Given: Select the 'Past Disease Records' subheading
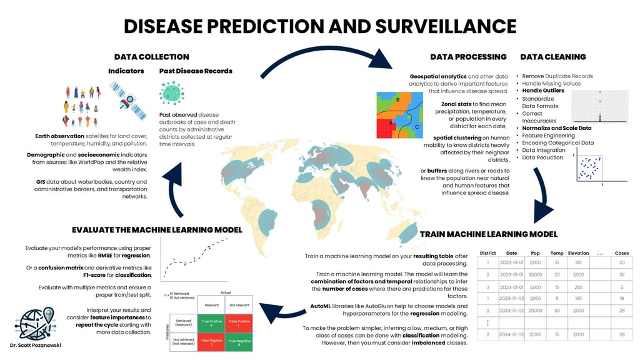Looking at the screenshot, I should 196,71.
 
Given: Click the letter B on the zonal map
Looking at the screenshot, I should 397,100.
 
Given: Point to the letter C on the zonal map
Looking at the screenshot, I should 417,127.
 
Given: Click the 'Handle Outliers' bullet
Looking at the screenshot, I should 541,91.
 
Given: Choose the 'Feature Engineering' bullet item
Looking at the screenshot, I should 548,136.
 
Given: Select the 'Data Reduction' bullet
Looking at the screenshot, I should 542,157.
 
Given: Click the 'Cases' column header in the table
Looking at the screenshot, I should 621,253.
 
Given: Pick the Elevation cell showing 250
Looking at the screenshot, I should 578,287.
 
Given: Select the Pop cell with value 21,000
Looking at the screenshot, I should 535,335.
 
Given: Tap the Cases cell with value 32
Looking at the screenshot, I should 621,274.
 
